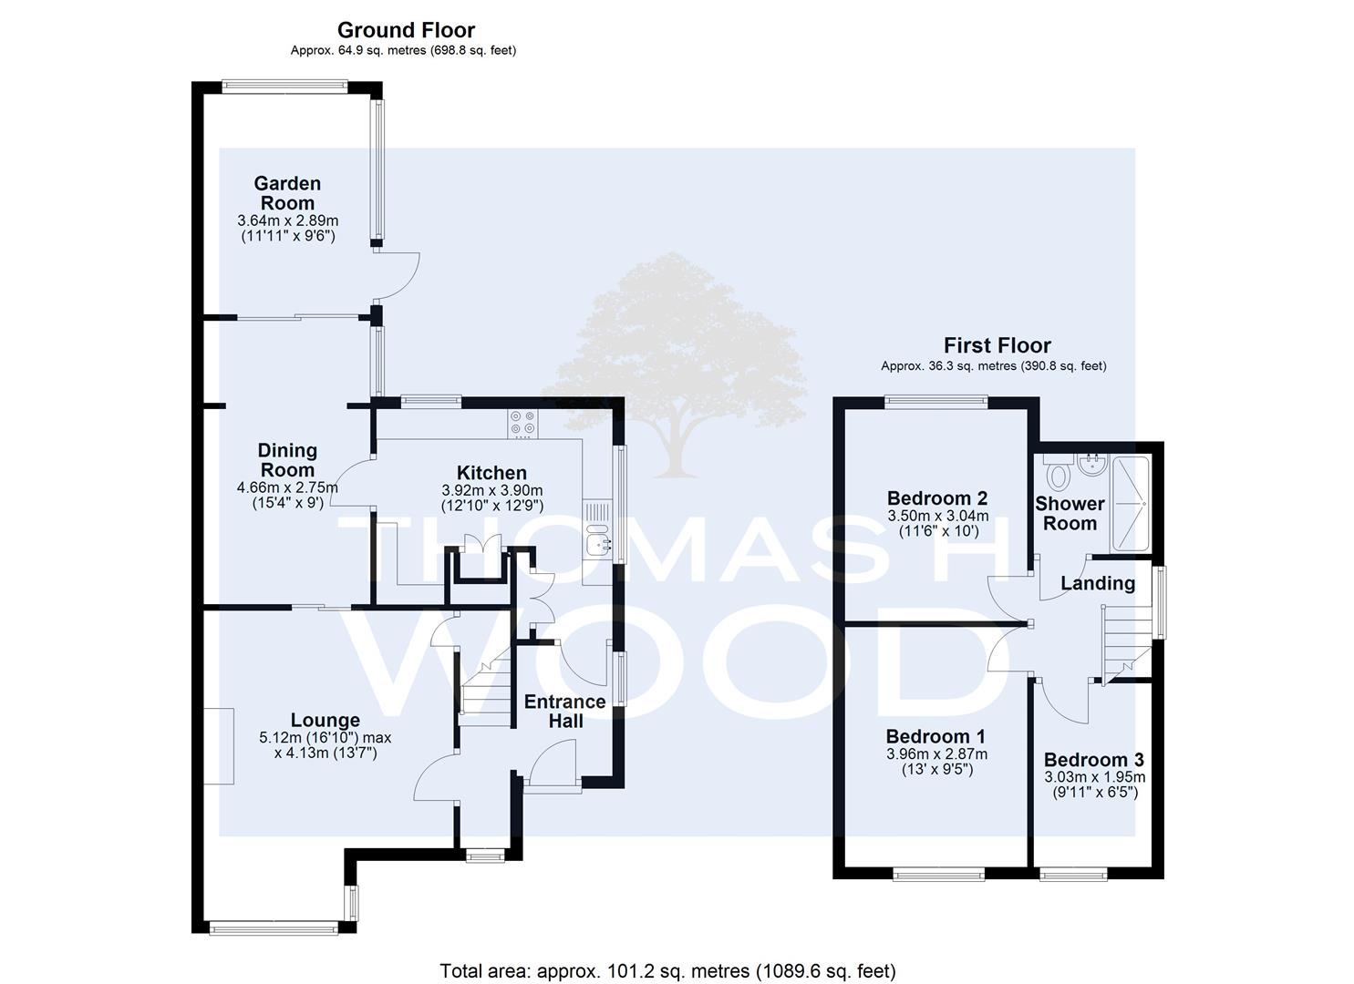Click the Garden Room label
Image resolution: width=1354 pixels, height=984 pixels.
(x=287, y=192)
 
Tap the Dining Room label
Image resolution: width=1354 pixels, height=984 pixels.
(x=287, y=460)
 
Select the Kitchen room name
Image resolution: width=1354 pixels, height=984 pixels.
(x=491, y=472)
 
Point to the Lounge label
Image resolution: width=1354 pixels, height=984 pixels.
(x=326, y=720)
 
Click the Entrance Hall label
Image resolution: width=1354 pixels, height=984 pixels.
(x=565, y=711)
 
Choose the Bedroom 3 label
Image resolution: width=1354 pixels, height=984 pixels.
(x=1094, y=759)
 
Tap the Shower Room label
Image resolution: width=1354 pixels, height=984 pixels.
(x=1070, y=513)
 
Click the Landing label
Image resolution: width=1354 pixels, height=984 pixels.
(x=1098, y=583)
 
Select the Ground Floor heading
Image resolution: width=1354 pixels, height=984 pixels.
(x=406, y=29)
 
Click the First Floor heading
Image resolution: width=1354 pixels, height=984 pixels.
(x=997, y=345)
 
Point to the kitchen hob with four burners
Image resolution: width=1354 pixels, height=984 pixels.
(x=522, y=422)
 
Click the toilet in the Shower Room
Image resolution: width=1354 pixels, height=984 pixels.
(x=1058, y=472)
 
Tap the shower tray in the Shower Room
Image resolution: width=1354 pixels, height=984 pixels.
(x=1131, y=503)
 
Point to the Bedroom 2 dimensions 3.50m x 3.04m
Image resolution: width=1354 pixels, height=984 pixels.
(x=937, y=516)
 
